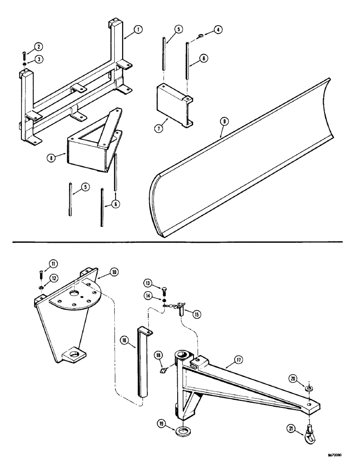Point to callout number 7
pyautogui.click(x=159, y=127)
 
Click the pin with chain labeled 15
pyautogui.click(x=179, y=307)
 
